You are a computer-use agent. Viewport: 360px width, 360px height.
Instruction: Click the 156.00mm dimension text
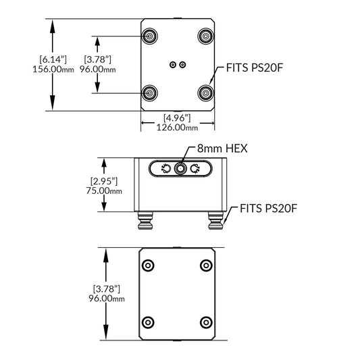click(x=53, y=69)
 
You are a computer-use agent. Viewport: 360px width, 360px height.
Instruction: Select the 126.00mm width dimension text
click(x=177, y=127)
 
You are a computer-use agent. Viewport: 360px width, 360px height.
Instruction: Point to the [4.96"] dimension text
click(x=176, y=117)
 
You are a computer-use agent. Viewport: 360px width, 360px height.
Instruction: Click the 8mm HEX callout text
click(x=222, y=148)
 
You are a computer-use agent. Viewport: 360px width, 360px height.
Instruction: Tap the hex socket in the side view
click(x=180, y=170)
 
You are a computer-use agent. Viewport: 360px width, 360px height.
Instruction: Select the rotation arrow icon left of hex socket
click(x=164, y=170)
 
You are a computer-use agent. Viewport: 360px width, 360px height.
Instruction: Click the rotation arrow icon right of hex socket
click(x=196, y=170)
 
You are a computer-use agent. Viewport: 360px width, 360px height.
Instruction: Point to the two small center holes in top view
click(x=178, y=65)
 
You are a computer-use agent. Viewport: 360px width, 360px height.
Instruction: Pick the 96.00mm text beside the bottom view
click(x=107, y=298)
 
